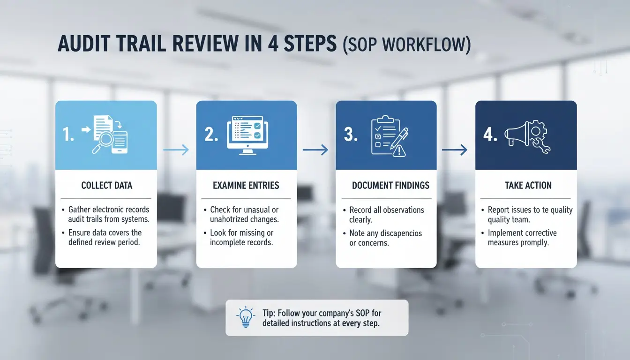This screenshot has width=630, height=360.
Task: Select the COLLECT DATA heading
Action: (106, 185)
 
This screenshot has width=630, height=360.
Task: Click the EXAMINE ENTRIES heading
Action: (246, 185)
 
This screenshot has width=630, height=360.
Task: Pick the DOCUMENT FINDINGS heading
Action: (390, 185)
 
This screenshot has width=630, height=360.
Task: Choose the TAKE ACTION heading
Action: (528, 185)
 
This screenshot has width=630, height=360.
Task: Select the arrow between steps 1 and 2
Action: (176, 150)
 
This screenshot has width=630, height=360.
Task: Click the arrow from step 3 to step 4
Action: (455, 150)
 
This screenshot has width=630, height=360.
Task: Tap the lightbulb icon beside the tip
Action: (246, 317)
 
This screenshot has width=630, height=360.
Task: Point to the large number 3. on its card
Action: (351, 135)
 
